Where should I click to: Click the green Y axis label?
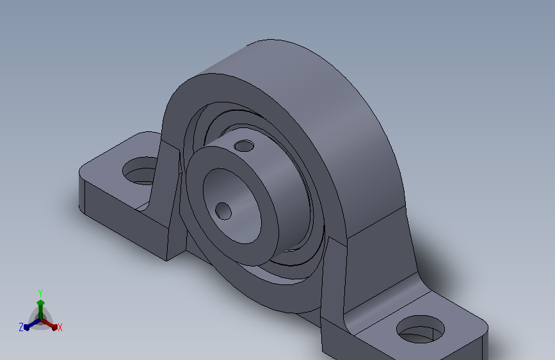click(40, 293)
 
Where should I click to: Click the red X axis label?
click(60, 327)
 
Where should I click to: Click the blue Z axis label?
click(21, 327)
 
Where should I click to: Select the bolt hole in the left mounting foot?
click(140, 171)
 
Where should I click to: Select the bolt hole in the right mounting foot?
click(421, 329)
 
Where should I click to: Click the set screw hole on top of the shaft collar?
click(244, 145)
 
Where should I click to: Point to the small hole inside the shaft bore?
click(223, 211)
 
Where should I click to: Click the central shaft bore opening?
click(232, 206)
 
